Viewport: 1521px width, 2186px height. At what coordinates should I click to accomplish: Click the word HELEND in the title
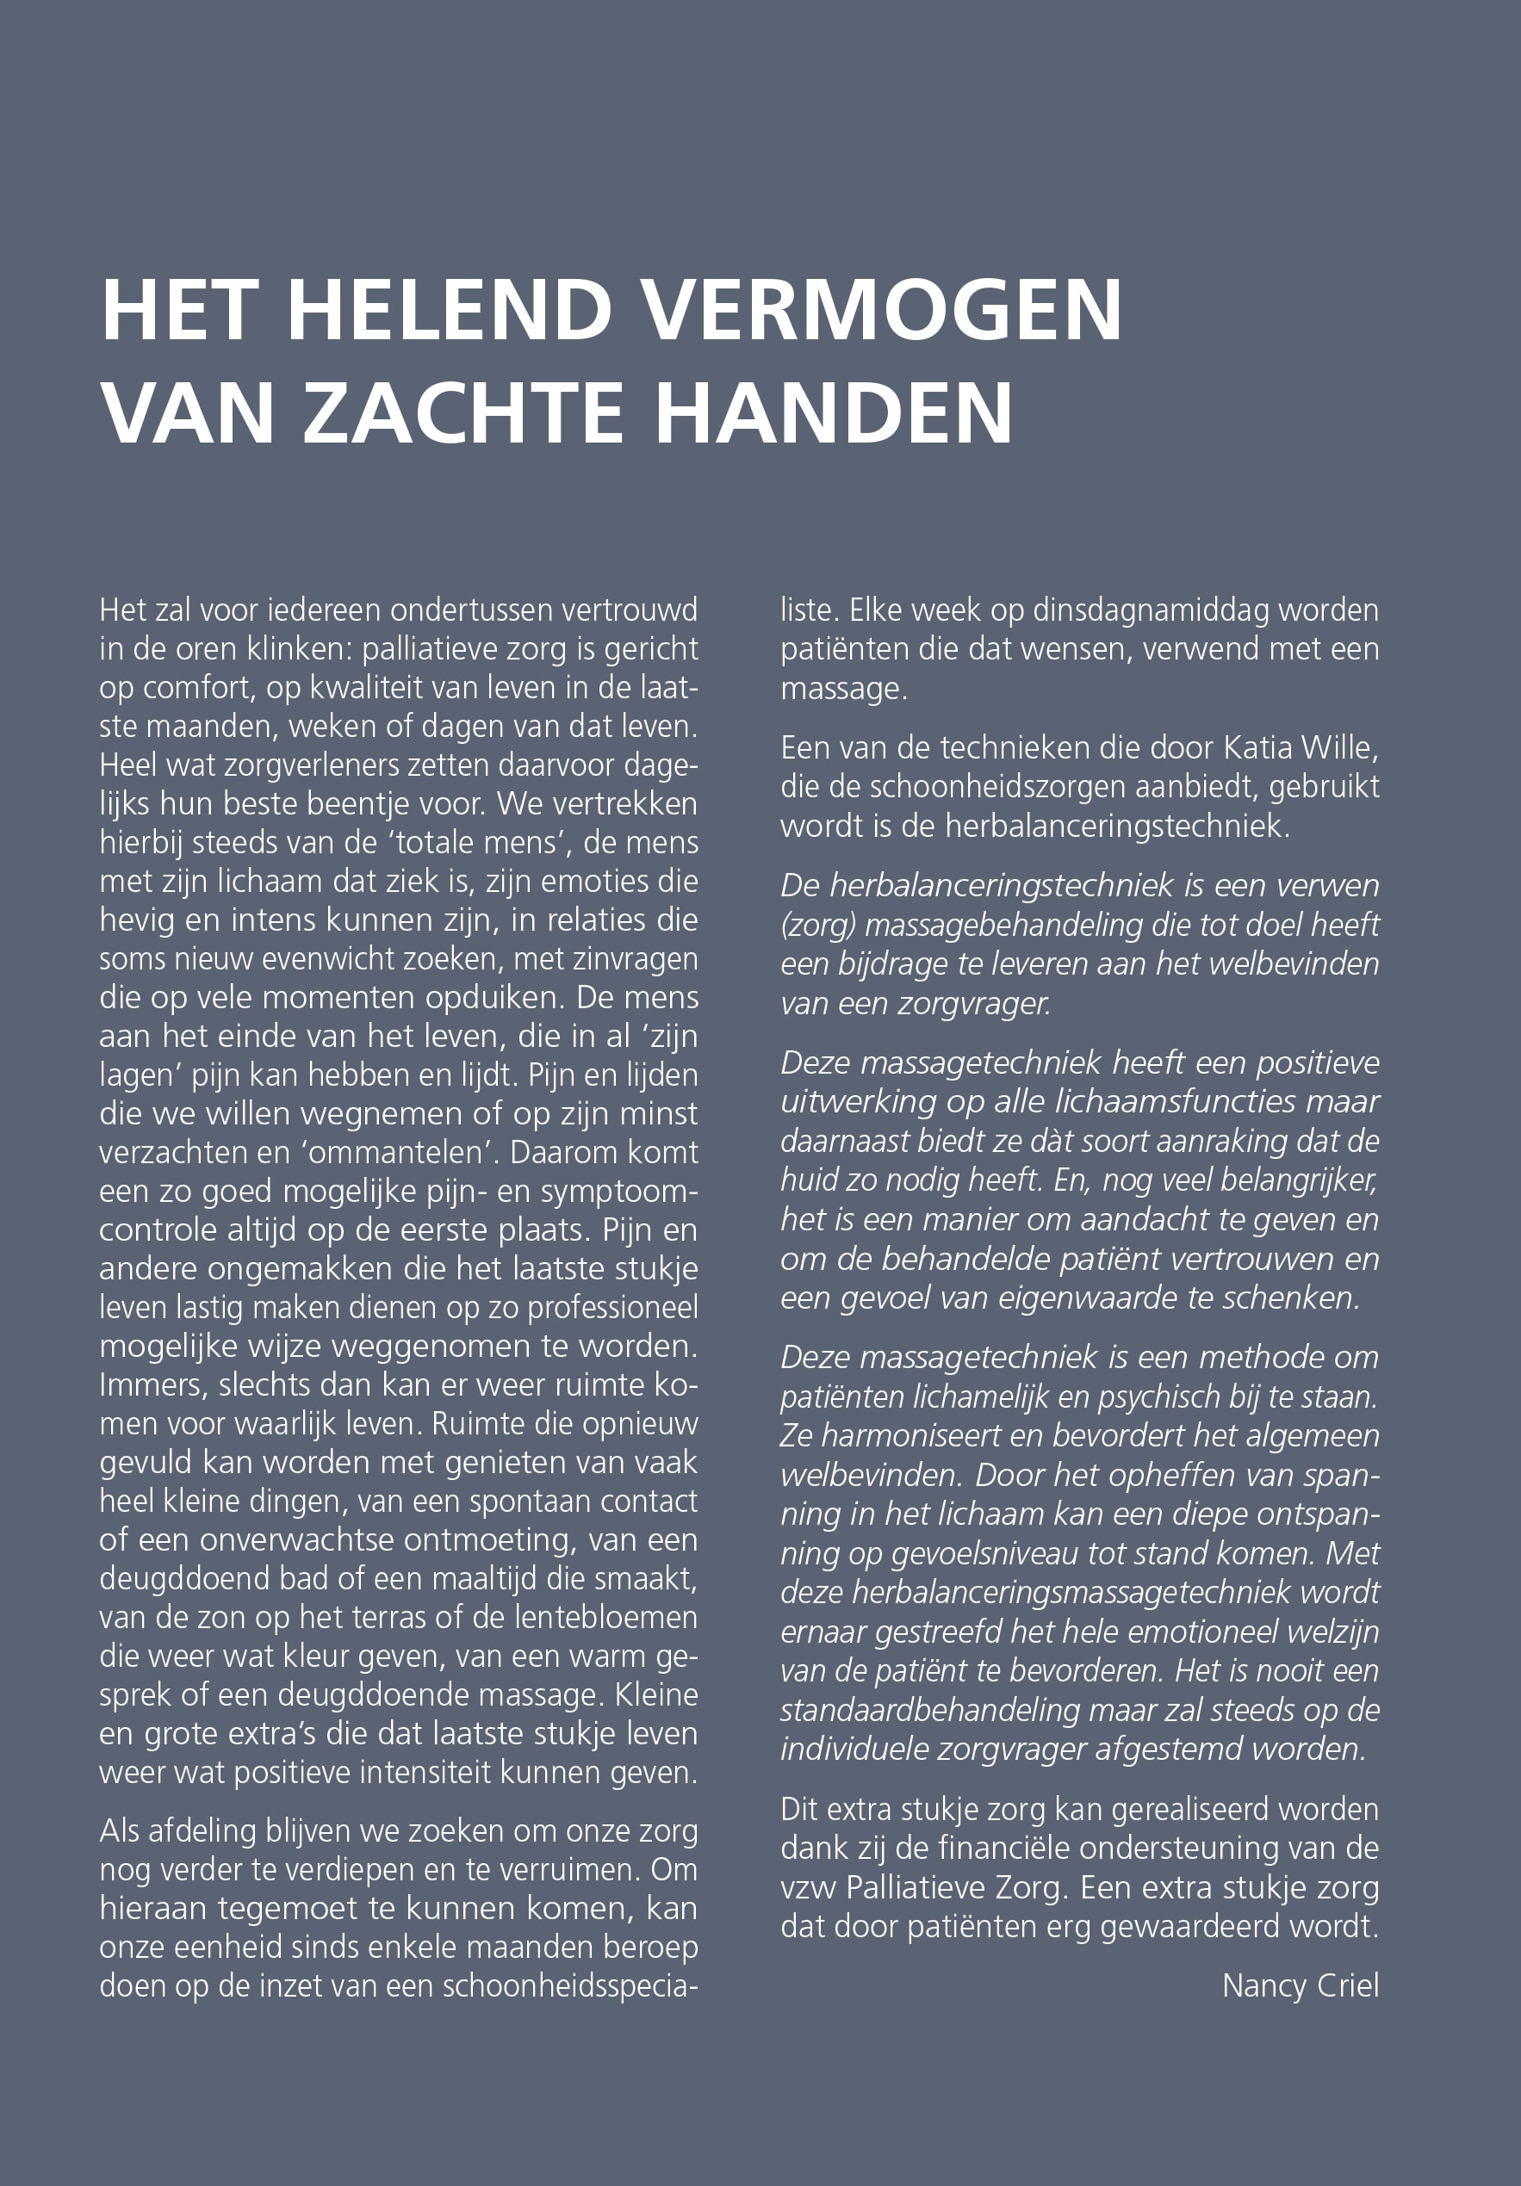tap(449, 311)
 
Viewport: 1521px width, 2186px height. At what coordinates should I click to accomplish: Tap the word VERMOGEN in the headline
tap(881, 311)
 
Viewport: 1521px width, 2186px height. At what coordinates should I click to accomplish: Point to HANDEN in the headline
tap(834, 413)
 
